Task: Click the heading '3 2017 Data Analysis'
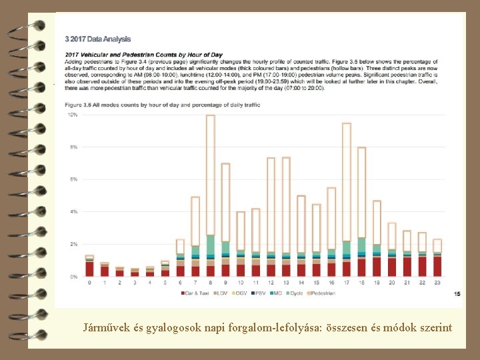pos(98,39)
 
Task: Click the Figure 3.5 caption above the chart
pos(162,105)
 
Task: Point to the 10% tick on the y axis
pos(73,115)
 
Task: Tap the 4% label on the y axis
pos(73,212)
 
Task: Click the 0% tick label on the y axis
pos(73,276)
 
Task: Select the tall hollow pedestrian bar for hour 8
pos(211,173)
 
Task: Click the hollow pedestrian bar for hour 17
pos(347,180)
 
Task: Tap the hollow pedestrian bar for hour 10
pos(241,230)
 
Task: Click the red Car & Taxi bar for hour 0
pos(89,269)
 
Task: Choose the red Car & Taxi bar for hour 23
pos(437,266)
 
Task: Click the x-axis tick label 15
pos(316,283)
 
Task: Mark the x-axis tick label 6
pos(181,283)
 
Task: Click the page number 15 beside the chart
pos(457,293)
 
